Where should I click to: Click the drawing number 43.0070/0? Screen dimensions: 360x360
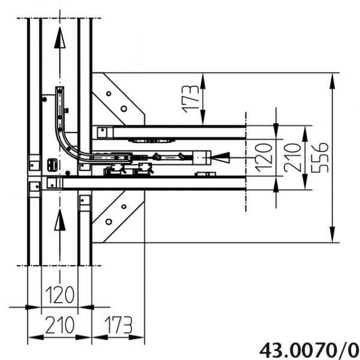309,349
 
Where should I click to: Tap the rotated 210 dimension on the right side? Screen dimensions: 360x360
293,157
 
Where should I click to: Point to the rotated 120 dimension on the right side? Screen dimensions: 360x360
262,157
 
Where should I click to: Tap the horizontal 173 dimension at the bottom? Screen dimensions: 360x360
117,325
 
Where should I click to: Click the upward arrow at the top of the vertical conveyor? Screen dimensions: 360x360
58,39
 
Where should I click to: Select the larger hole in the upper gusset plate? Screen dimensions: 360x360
123,109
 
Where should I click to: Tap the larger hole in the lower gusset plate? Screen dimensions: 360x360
123,207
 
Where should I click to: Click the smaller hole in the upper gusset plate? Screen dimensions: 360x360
109,94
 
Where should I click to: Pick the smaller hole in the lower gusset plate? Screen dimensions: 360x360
109,221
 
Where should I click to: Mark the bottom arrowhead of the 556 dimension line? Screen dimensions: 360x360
332,236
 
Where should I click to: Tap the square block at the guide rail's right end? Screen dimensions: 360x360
200,157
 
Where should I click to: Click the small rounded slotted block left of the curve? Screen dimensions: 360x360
52,163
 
